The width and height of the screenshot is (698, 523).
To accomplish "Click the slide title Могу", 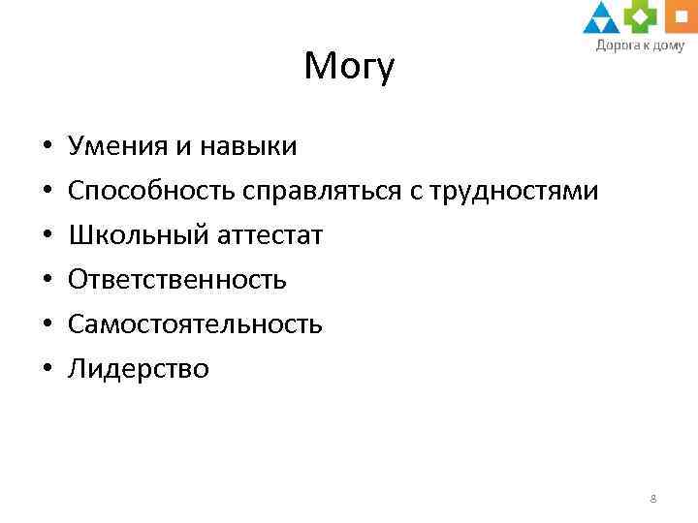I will [349, 67].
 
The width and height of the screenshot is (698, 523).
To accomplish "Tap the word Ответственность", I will [177, 280].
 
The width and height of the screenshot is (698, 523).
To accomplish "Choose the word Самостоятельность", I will [195, 324].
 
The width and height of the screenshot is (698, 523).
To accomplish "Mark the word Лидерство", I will [139, 369].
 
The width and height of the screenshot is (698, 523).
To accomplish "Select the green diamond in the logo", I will [637, 16].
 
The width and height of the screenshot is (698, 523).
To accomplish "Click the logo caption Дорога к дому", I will [639, 45].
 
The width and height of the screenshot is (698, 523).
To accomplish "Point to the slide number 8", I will [653, 499].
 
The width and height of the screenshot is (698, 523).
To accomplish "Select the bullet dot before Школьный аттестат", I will [47, 236].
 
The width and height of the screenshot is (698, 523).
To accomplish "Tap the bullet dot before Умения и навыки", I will [47, 148].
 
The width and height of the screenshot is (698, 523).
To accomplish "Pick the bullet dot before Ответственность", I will [47, 281].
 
